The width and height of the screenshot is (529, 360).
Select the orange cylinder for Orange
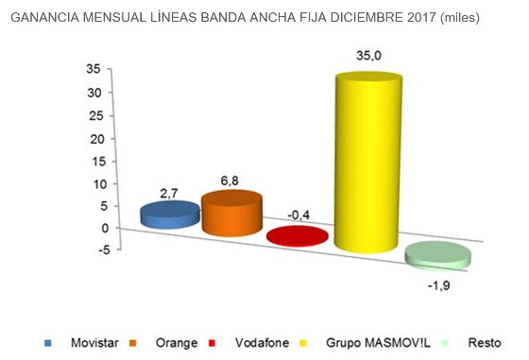click(x=231, y=213)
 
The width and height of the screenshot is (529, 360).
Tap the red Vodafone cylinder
click(x=298, y=236)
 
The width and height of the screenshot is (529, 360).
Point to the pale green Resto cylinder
click(x=436, y=254)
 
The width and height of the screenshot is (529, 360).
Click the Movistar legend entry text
click(x=94, y=341)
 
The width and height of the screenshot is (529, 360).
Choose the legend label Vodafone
click(x=262, y=341)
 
